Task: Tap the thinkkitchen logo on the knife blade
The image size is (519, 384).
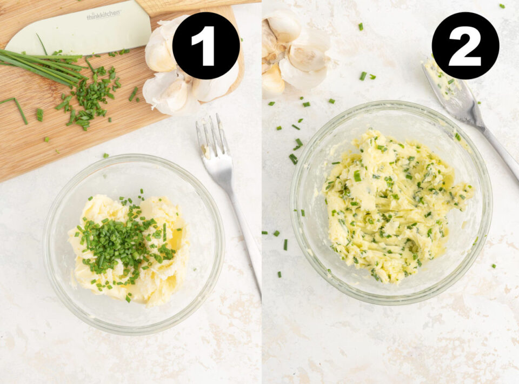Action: click(104, 16)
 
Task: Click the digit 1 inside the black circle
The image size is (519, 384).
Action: click(206, 46)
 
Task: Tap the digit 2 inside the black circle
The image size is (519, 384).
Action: click(465, 46)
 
